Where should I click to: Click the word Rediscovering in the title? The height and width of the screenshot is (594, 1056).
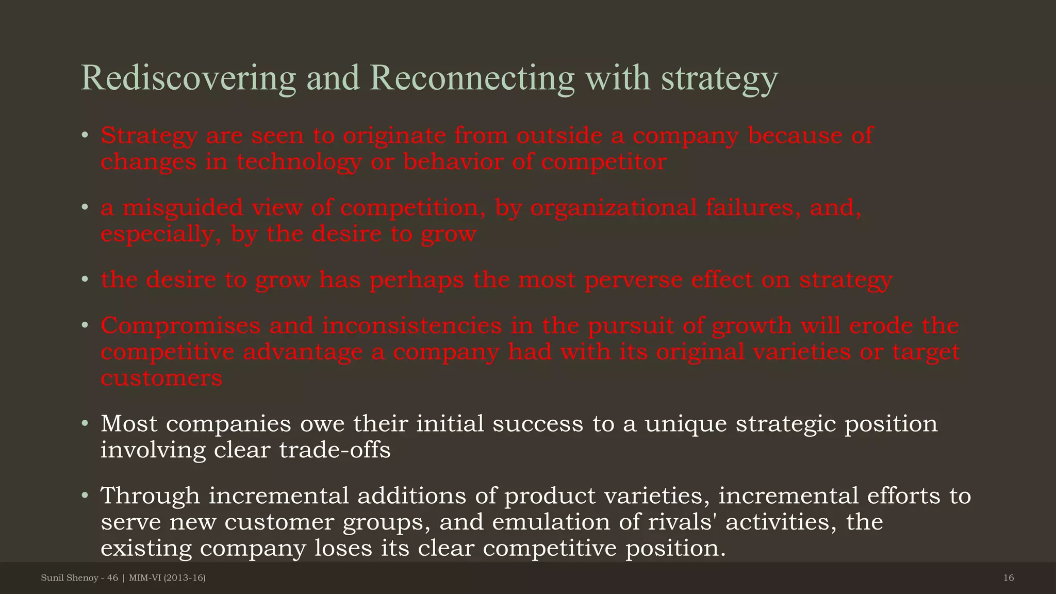(188, 78)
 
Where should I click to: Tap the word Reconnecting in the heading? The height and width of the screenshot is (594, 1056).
(471, 78)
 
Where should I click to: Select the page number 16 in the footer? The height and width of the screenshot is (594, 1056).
(1009, 578)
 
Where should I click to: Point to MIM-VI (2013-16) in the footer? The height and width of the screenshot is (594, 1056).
(167, 578)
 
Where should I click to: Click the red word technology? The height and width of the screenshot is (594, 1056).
(299, 162)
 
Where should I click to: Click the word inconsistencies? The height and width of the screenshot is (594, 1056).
(412, 326)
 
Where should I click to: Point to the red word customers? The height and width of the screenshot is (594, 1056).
(161, 378)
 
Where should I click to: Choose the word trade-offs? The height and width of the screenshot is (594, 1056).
(335, 450)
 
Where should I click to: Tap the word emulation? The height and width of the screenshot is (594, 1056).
(551, 522)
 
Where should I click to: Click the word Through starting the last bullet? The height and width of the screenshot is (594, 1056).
(150, 496)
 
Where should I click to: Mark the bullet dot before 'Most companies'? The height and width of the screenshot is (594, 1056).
(85, 424)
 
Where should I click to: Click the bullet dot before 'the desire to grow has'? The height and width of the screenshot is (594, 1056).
(85, 280)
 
